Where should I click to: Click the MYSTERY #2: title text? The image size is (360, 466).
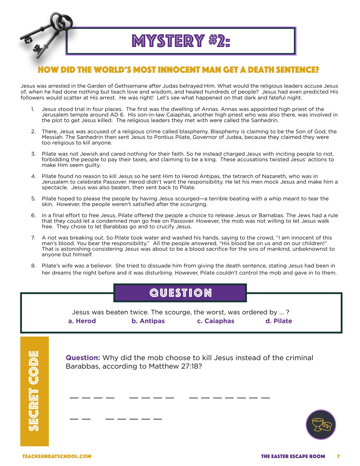181,41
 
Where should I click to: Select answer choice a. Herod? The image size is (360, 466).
82,321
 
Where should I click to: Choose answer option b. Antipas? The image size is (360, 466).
148,321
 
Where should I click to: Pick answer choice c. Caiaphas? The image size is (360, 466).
215,321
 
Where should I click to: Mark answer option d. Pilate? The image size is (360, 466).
279,321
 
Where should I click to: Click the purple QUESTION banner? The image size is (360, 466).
180,293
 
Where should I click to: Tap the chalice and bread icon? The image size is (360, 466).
321,425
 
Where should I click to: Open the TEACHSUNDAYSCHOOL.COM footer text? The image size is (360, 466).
57,456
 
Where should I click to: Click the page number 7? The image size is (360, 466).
338,456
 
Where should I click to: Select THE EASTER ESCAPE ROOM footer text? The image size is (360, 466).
293,456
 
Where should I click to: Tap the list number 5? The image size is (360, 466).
33,199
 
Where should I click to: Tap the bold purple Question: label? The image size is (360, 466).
83,358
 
